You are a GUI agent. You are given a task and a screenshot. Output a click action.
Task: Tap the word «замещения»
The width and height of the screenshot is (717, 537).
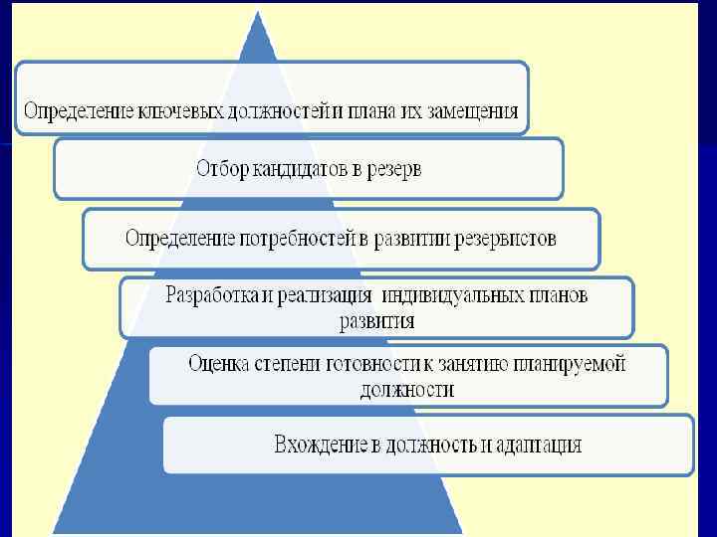pos(467,111)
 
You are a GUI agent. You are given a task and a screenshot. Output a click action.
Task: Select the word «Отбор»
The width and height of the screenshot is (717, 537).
pos(221,169)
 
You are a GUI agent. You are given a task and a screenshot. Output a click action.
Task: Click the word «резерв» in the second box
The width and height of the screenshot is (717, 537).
pos(392,169)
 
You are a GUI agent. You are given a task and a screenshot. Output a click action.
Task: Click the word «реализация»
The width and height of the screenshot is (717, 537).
pos(321,295)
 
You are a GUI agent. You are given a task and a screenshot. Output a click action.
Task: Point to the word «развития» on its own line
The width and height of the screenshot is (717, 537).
pos(376,321)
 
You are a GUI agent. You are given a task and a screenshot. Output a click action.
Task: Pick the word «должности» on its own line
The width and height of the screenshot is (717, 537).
pos(406,390)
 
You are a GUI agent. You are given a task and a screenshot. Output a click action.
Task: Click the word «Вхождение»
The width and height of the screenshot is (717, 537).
pos(321,445)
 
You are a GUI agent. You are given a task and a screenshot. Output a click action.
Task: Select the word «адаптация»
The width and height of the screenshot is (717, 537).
pos(537,445)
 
